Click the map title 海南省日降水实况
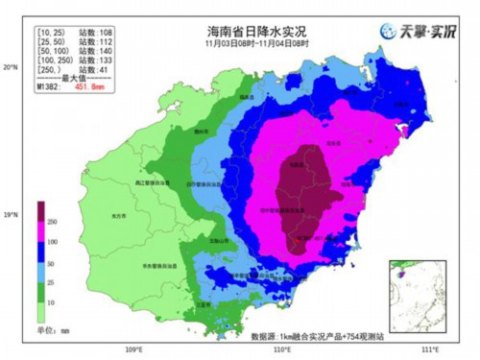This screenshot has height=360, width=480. click(252, 32)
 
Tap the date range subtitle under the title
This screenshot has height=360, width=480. click(252, 44)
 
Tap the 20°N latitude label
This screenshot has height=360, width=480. click(12, 68)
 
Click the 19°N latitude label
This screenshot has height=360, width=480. click(12, 213)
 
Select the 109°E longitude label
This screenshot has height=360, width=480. click(132, 349)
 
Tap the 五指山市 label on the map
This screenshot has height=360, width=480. click(220, 239)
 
